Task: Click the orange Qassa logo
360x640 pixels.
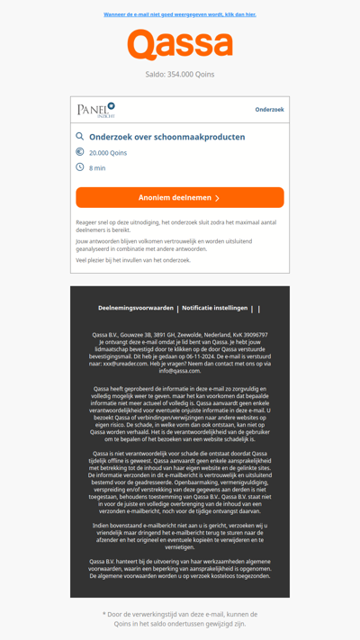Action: coord(180,44)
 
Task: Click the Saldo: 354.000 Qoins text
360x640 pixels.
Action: coord(180,75)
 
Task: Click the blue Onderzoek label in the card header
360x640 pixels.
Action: coord(269,110)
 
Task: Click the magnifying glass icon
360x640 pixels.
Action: coord(80,137)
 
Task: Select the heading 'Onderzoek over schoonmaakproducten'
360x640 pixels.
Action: coord(166,138)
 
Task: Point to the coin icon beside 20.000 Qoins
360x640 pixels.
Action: coord(80,152)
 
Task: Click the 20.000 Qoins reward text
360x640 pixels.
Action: coord(108,153)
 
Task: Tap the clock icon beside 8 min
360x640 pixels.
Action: coord(80,167)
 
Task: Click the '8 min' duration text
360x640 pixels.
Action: coord(97,168)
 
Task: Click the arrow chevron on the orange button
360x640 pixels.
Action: coord(217,198)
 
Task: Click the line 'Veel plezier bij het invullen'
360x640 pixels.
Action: coord(133,260)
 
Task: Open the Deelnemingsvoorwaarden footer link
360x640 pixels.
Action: coord(136,308)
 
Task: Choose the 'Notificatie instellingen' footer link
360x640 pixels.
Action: coord(214,308)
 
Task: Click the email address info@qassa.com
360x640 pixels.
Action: coord(180,371)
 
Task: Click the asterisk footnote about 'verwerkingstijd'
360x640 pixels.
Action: coord(180,618)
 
